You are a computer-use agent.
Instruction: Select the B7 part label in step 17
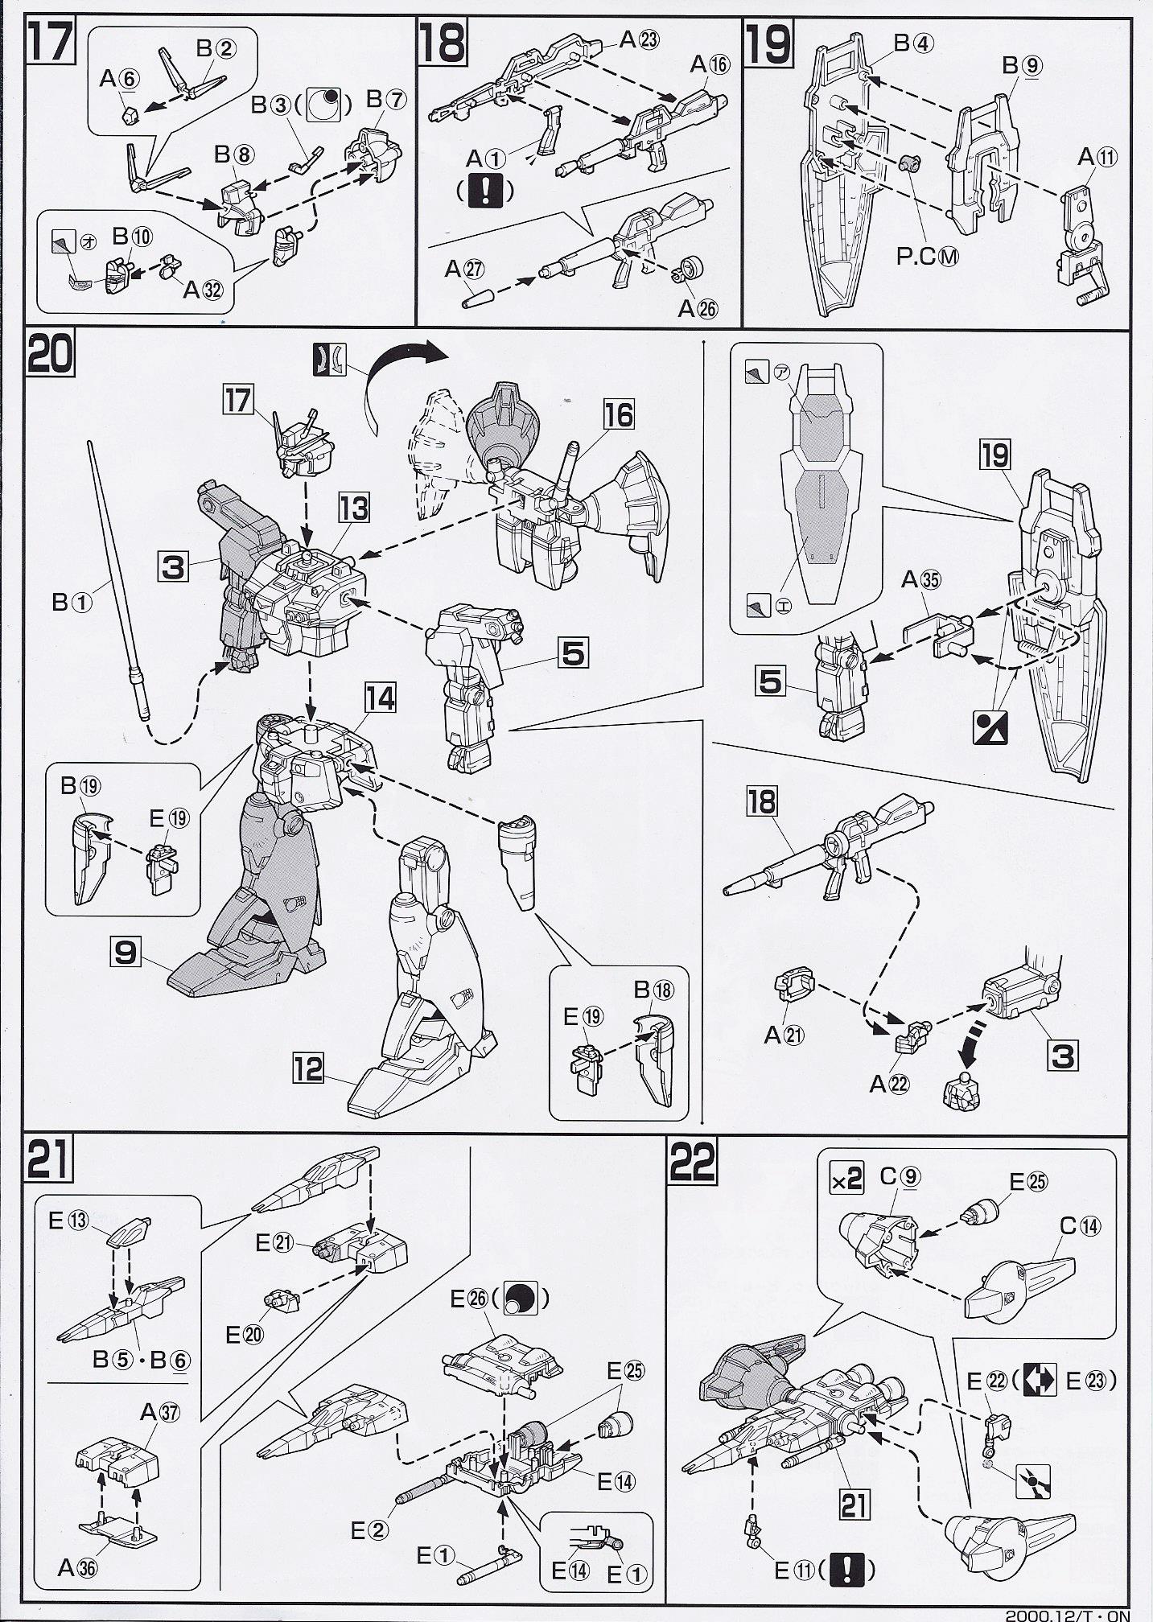click(x=386, y=98)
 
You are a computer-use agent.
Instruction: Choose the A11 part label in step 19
click(x=1097, y=158)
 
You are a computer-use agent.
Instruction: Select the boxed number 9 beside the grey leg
click(x=126, y=953)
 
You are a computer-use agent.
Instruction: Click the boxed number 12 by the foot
click(x=307, y=1069)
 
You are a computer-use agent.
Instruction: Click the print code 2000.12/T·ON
click(x=1068, y=1614)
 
